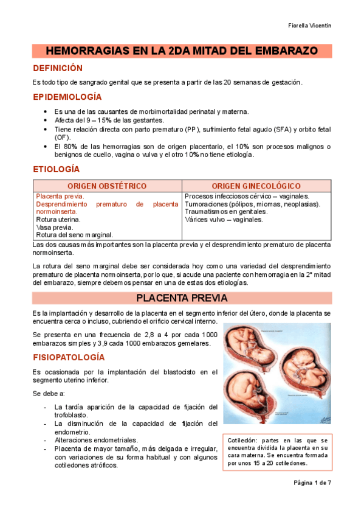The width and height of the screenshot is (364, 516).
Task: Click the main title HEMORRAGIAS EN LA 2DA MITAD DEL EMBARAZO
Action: point(182,51)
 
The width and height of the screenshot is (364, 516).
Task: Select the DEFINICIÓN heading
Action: point(57,68)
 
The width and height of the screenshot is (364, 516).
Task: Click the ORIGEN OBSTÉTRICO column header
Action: point(107,185)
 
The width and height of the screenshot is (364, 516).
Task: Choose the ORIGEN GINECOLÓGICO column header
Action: point(256,185)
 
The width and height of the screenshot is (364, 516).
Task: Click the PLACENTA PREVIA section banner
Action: point(182,298)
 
